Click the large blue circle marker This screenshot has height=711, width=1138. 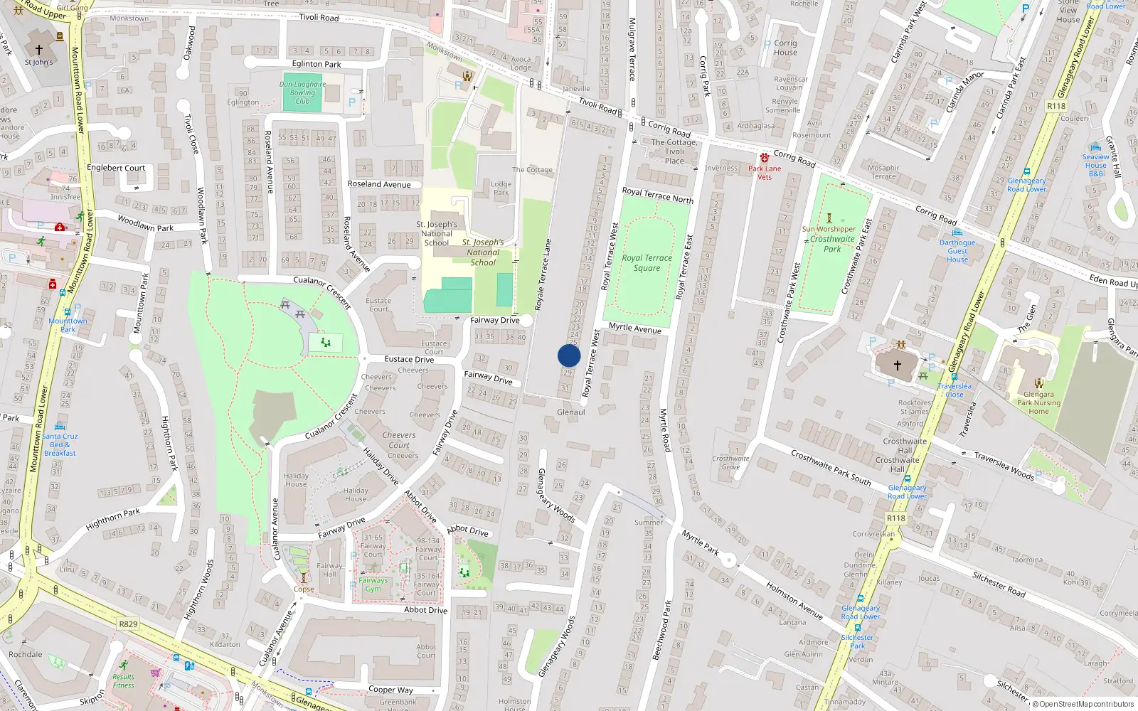pyautogui.click(x=569, y=355)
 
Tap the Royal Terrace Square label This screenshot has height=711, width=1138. pyautogui.click(x=647, y=263)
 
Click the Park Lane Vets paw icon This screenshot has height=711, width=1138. pyautogui.click(x=764, y=158)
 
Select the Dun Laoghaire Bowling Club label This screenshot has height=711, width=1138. pyautogui.click(x=302, y=92)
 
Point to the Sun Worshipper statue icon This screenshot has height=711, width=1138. pyautogui.click(x=829, y=218)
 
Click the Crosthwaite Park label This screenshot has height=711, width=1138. pyautogui.click(x=832, y=244)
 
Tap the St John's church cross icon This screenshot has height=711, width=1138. pyautogui.click(x=39, y=49)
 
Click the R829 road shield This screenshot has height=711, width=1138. pyautogui.click(x=128, y=624)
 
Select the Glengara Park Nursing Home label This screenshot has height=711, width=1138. pyautogui.click(x=1038, y=402)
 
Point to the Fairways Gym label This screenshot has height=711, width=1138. pyautogui.click(x=373, y=584)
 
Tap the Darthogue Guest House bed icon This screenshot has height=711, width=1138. pyautogui.click(x=957, y=232)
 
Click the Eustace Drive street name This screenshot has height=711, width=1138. pyautogui.click(x=409, y=359)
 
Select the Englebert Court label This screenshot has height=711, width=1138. pyautogui.click(x=116, y=168)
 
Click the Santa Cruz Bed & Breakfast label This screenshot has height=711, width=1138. pyautogui.click(x=60, y=444)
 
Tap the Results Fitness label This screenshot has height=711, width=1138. pyautogui.click(x=123, y=681)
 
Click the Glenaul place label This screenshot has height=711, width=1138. pyautogui.click(x=570, y=412)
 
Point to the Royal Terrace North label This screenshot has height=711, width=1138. pyautogui.click(x=657, y=195)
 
